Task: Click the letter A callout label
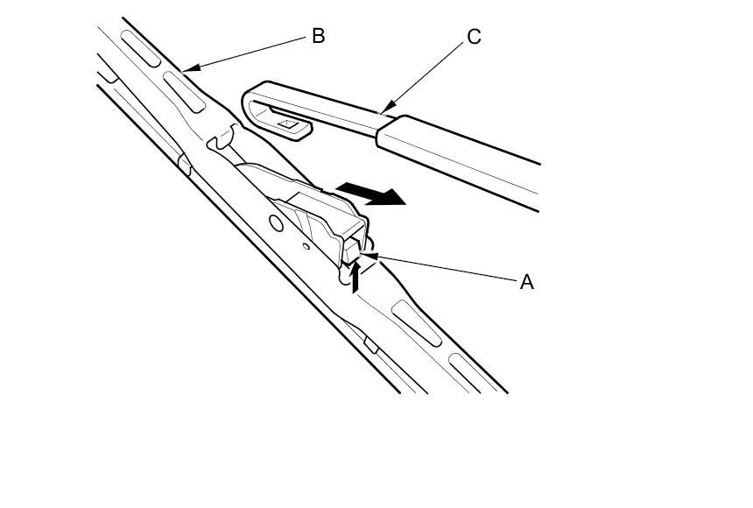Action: point(526,282)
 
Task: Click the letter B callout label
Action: point(318,36)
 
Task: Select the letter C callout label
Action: point(474,37)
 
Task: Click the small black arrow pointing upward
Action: point(355,278)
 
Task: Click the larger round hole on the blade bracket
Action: point(277,223)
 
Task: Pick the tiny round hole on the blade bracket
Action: point(306,246)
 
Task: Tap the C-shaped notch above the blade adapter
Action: point(222,136)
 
